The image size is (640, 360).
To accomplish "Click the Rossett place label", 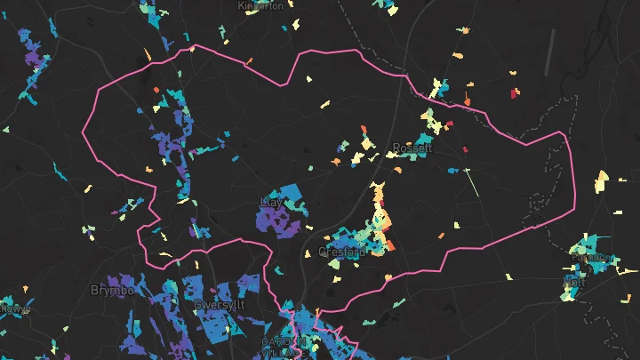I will (x=412, y=148).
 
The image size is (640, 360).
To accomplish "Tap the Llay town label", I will (x=269, y=203).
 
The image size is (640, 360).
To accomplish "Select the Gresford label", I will (x=341, y=252).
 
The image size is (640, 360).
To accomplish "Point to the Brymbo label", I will (x=111, y=290).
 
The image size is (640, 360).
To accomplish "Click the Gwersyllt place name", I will (x=219, y=305).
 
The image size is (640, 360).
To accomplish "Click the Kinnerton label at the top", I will (x=260, y=5).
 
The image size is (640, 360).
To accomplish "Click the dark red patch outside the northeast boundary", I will (x=514, y=92).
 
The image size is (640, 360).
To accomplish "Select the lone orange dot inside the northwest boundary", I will (x=156, y=90).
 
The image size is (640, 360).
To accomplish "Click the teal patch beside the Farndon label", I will (x=587, y=244).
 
